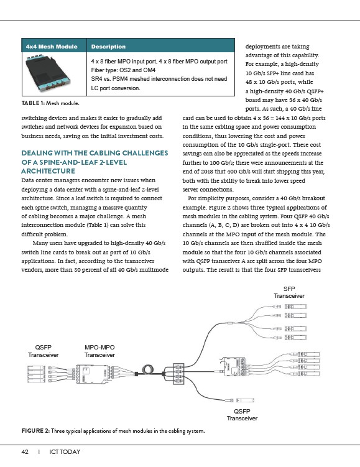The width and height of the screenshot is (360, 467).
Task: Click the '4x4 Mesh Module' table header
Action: [52, 47]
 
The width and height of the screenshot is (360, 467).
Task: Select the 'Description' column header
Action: [108, 47]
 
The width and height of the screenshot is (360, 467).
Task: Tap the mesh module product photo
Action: [48, 73]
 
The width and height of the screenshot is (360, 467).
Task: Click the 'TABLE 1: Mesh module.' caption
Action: [50, 103]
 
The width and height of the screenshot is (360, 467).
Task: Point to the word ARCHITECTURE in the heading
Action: [48, 171]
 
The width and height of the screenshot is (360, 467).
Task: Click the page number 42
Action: [25, 452]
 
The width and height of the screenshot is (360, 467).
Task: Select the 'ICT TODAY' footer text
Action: [65, 452]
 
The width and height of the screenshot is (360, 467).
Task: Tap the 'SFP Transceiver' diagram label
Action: [289, 292]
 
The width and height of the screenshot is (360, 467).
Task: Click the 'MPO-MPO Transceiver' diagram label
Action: [99, 351]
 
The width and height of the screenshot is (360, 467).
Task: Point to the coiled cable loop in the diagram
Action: [148, 370]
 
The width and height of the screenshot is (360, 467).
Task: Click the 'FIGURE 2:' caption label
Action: [35, 431]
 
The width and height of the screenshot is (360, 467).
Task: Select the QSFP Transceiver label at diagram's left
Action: [43, 351]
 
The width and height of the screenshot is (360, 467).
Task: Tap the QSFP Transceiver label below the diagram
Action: [242, 415]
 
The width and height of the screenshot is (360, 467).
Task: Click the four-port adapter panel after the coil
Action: [178, 374]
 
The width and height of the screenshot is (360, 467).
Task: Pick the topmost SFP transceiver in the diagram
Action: [295, 307]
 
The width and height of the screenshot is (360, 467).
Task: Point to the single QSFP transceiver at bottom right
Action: [246, 400]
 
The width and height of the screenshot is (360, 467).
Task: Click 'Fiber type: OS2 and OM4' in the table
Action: [123, 70]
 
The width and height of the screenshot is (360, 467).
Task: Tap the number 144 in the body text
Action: [280, 118]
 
